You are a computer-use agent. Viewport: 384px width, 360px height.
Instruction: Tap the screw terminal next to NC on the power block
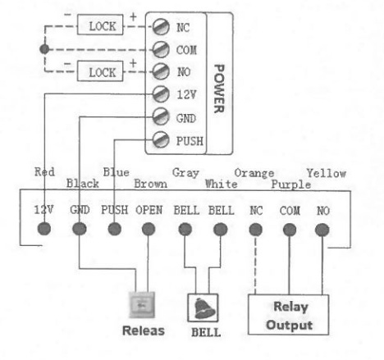tap(161, 27)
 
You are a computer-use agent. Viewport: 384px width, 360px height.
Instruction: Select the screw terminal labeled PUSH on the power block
tap(161, 139)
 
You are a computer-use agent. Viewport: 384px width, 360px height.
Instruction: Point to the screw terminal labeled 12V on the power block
tap(161, 94)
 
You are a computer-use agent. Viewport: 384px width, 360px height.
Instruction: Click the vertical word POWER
tap(219, 89)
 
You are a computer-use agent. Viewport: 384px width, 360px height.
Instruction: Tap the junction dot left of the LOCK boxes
tap(44, 49)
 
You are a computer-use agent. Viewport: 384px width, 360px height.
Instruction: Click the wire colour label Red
tap(44, 172)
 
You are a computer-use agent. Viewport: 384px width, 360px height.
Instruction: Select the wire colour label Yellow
tap(327, 173)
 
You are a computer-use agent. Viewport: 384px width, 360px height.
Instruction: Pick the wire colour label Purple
tap(291, 185)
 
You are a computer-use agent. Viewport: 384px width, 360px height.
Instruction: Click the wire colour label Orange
tap(254, 173)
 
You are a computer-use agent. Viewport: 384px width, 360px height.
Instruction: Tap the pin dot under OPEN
tap(149, 229)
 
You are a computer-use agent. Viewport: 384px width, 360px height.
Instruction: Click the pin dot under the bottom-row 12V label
tap(44, 229)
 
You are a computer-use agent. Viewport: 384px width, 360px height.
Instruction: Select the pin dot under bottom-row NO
tap(322, 230)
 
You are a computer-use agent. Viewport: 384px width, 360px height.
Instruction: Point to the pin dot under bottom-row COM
tap(290, 230)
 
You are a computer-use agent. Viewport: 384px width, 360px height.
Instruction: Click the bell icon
tap(204, 308)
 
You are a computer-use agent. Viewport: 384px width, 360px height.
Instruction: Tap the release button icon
tap(142, 304)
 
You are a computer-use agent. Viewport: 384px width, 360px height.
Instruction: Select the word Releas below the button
tap(144, 330)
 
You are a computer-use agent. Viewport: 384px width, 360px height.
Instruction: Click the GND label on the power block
tap(186, 118)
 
